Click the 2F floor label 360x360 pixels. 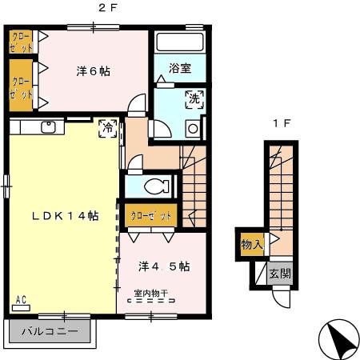point(105,8)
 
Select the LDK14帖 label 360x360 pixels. point(65,216)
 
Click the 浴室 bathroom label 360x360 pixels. point(180,69)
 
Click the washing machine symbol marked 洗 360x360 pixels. point(194,100)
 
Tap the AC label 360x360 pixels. point(21,300)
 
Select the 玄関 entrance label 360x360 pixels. point(280,274)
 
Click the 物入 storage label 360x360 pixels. point(252,244)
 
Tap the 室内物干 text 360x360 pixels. point(150,293)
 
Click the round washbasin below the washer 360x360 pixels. point(193,128)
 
